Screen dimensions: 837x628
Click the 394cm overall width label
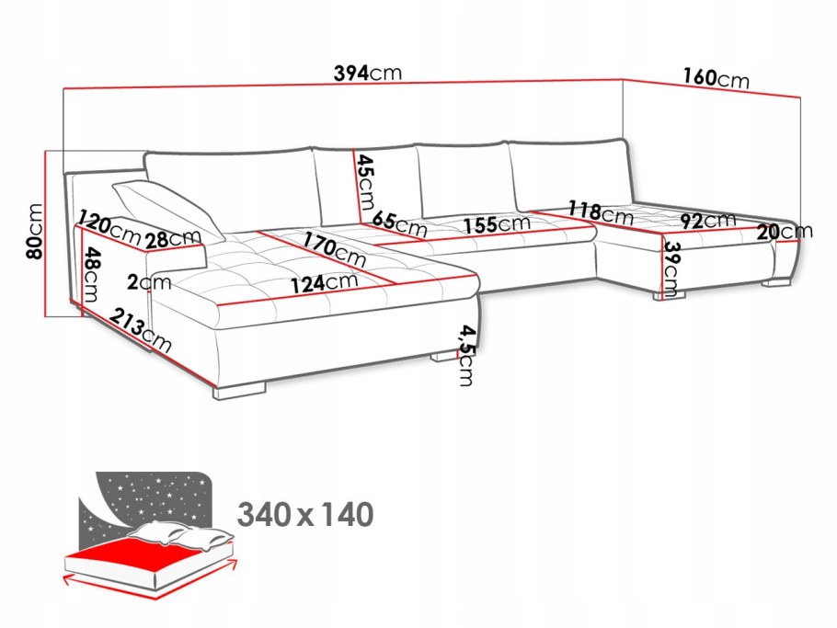tap(367, 73)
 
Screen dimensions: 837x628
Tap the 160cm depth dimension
tap(717, 78)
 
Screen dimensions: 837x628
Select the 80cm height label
tap(35, 231)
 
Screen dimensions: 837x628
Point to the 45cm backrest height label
tap(366, 182)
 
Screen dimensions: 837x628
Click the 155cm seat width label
tap(497, 224)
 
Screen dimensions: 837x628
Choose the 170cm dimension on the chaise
tap(335, 249)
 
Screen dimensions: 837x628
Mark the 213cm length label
tap(141, 330)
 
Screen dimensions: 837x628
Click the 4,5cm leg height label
tap(465, 355)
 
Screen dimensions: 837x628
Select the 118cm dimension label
tap(601, 212)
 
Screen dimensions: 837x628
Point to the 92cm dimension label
tap(708, 221)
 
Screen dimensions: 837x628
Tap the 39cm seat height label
tap(671, 269)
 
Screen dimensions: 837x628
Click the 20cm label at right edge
tap(785, 232)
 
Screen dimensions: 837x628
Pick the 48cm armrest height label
tap(91, 274)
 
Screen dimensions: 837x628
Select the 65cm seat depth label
tap(400, 224)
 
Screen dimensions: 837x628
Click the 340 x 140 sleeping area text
tap(305, 515)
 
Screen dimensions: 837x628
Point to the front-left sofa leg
tap(240, 391)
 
